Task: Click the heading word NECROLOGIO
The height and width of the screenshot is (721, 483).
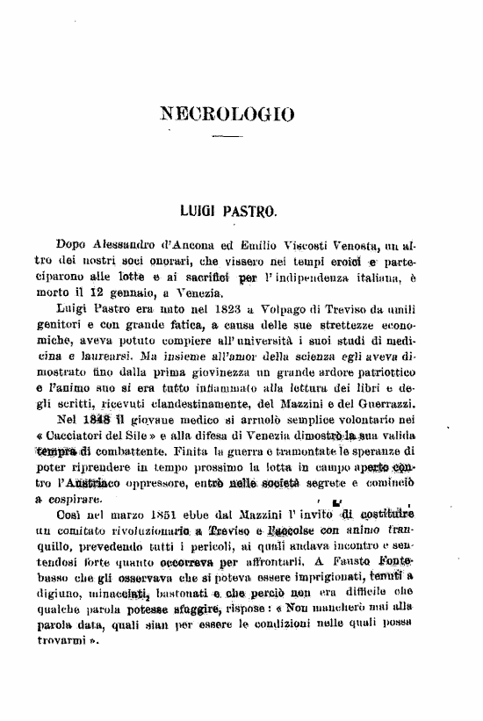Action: click(x=227, y=113)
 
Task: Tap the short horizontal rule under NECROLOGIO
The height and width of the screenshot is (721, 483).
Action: click(x=227, y=138)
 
